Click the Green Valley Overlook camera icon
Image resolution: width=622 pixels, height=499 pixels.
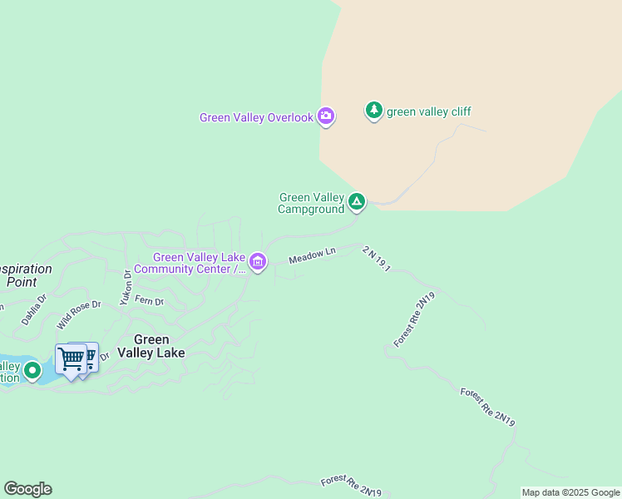[x=327, y=116]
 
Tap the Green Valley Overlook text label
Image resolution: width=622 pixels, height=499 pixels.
[x=256, y=118]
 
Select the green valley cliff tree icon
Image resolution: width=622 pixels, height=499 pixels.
[x=374, y=110]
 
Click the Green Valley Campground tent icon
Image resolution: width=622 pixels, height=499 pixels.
[x=357, y=201]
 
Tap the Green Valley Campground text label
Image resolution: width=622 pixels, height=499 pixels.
[x=311, y=204]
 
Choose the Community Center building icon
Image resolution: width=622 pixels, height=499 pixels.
[x=258, y=263]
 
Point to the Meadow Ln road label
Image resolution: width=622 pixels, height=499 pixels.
[x=312, y=256]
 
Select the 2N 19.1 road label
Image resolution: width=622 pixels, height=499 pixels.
[x=377, y=258]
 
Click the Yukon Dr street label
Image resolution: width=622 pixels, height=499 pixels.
[x=126, y=287]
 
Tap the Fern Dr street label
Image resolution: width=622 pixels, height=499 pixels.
[x=151, y=300]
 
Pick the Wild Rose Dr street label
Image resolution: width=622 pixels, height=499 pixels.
[x=78, y=315]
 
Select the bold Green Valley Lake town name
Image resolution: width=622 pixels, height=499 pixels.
[x=151, y=346]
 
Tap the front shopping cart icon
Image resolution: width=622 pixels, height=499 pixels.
[x=72, y=360]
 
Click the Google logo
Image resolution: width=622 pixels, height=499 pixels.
[x=27, y=489]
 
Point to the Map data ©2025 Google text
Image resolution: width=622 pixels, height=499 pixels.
[x=570, y=492]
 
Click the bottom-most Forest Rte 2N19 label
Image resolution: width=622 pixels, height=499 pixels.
[x=351, y=487]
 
